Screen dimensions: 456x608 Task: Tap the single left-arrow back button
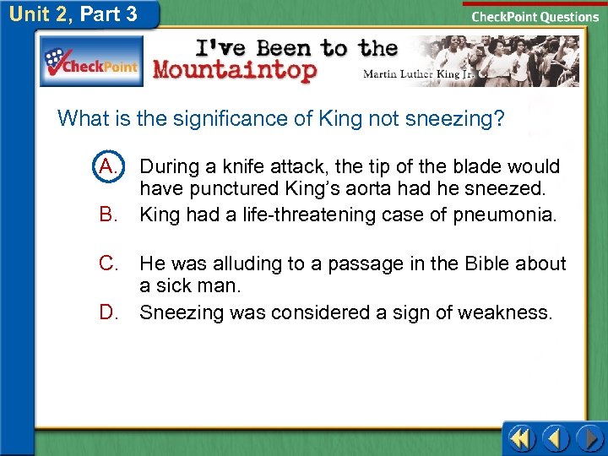[x=556, y=439]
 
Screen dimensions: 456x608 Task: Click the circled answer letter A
[x=108, y=166]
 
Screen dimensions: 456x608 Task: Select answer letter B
[x=108, y=214]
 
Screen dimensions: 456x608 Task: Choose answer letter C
[x=108, y=263]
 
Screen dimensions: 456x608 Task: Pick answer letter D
[x=108, y=312]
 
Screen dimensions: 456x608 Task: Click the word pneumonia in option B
[x=505, y=214]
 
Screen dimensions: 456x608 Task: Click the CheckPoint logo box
[x=92, y=61]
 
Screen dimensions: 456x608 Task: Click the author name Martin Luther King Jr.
[x=417, y=74]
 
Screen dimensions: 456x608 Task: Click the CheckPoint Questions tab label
[x=535, y=17]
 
